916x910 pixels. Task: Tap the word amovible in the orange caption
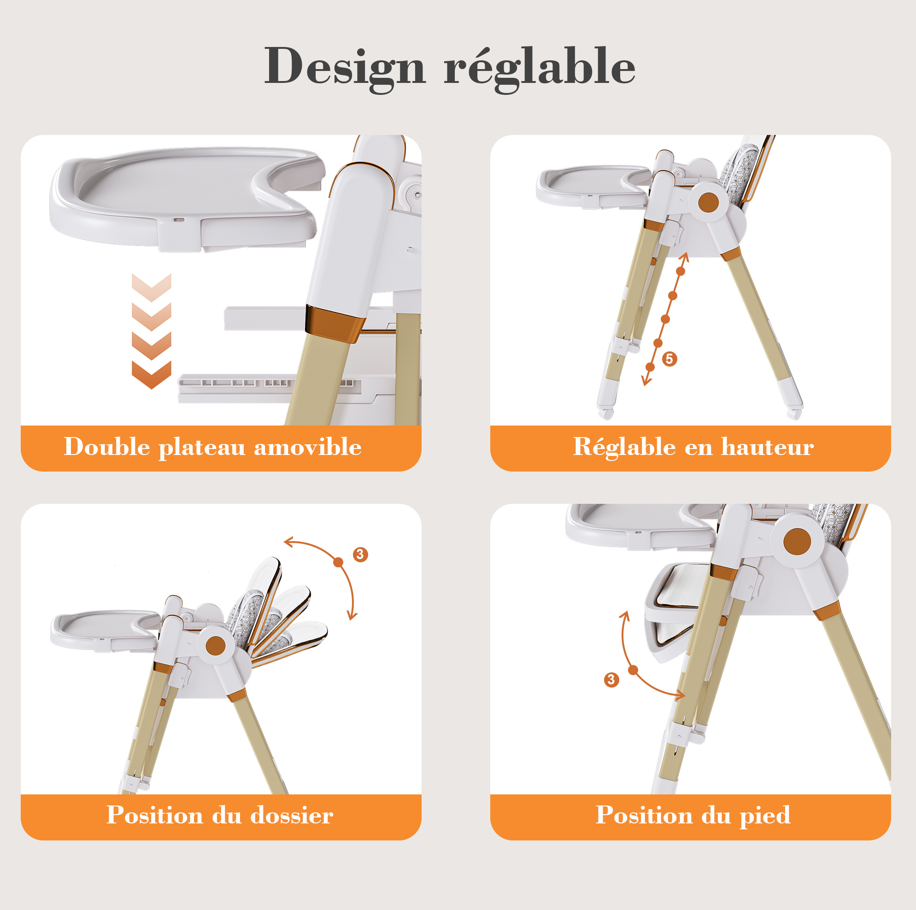(308, 447)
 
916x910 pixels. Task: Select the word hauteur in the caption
(767, 447)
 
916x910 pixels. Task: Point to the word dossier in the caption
(292, 815)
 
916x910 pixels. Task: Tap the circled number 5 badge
(669, 359)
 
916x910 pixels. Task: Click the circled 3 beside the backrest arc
(360, 554)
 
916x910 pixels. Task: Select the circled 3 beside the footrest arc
(611, 680)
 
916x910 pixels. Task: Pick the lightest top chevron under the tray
(151, 287)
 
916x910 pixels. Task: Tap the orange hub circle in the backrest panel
(216, 646)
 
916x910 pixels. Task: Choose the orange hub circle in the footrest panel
(797, 541)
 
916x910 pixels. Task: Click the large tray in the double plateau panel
(187, 199)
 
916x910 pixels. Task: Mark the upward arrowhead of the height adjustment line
(684, 257)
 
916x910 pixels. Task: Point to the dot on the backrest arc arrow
(338, 562)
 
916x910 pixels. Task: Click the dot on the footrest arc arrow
(633, 670)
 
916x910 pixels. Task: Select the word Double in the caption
(107, 447)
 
